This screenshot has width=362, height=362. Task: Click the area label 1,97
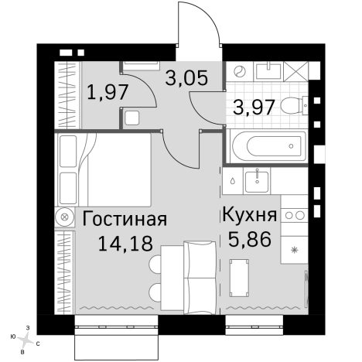click(x=108, y=93)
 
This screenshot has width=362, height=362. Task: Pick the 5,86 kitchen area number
click(x=250, y=240)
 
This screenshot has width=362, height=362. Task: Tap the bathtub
click(x=268, y=145)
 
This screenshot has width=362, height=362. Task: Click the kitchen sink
click(x=255, y=181)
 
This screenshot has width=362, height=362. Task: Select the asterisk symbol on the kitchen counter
click(x=293, y=250)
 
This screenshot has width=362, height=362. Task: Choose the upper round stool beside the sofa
click(x=155, y=264)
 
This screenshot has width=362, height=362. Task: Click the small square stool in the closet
click(x=131, y=118)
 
